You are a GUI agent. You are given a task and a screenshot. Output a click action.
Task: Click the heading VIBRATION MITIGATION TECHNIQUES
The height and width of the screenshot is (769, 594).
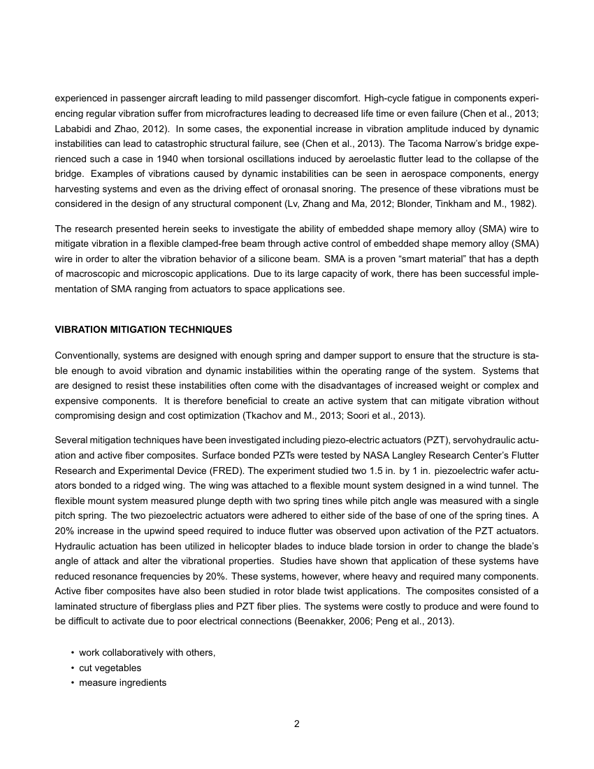(143, 329)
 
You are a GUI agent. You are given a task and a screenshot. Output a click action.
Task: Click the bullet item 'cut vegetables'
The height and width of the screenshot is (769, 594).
(110, 668)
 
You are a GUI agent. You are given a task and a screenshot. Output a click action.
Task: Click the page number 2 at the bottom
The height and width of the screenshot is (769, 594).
(296, 724)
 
